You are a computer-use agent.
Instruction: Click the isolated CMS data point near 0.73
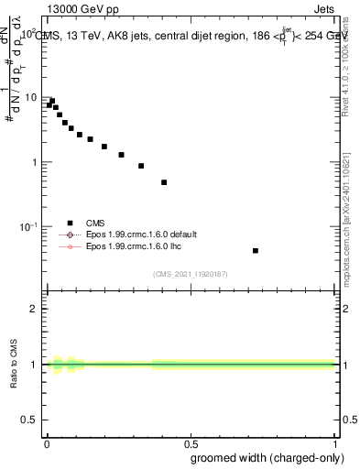point(256,250)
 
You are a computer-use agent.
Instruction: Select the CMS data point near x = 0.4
point(164,182)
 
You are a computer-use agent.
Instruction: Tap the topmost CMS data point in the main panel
point(52,101)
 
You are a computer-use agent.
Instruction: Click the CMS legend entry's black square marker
point(70,223)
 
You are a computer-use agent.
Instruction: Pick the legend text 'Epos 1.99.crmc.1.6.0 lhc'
point(134,246)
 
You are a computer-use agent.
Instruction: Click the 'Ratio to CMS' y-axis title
point(15,365)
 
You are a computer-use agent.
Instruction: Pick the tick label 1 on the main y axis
point(34,162)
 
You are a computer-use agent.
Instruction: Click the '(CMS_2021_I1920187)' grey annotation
point(191,273)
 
